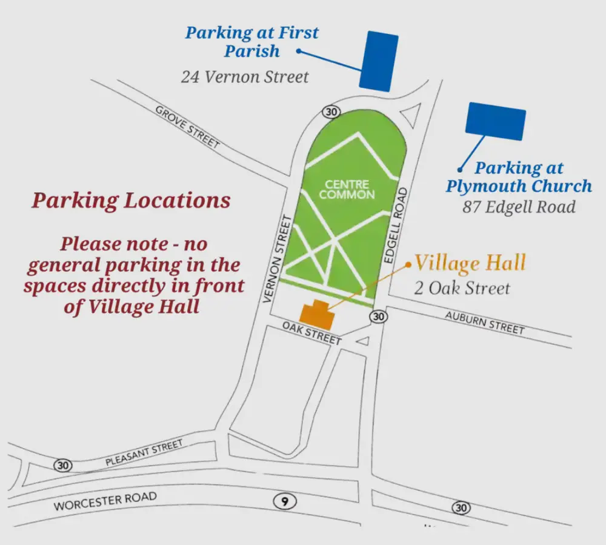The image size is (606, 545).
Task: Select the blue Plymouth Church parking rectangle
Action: point(495,121)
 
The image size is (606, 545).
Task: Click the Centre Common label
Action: point(347,189)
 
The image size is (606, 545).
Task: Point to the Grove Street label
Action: point(187,127)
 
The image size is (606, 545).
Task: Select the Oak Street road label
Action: point(312,333)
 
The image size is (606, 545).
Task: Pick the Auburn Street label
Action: point(485,323)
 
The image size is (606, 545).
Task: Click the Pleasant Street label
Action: point(144,453)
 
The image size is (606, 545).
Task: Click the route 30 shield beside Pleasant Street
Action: point(62,466)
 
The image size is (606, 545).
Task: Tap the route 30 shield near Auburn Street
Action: point(379,316)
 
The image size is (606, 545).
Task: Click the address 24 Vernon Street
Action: point(244,77)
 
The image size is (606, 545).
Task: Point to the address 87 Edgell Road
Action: point(519,207)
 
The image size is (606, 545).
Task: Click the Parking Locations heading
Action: point(131,201)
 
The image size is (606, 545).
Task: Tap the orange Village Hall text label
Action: point(470,263)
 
